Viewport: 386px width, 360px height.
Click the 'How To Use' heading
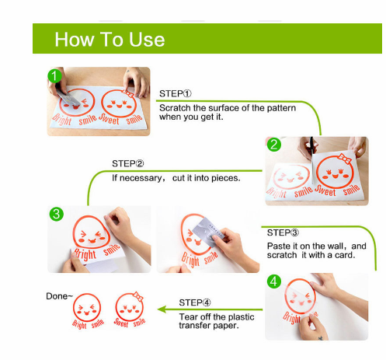[x=110, y=40]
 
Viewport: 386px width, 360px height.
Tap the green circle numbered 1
[x=54, y=75]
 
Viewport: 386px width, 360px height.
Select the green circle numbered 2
[x=274, y=145]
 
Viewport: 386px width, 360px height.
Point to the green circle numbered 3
[x=57, y=214]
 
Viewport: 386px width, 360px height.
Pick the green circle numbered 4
[x=274, y=281]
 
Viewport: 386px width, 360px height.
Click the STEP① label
[x=176, y=93]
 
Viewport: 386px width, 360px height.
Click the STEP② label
[x=128, y=163]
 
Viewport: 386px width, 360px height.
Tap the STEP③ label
[x=283, y=232]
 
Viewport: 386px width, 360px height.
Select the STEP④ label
[x=195, y=302]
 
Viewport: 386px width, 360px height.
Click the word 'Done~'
[x=59, y=296]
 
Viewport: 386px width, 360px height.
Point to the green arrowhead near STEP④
[x=162, y=309]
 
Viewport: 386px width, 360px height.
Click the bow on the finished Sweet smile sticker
[x=138, y=296]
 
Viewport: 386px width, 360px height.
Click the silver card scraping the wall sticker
[x=208, y=232]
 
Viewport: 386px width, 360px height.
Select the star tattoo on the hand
[x=321, y=338]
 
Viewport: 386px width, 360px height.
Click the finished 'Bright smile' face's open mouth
[x=87, y=313]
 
